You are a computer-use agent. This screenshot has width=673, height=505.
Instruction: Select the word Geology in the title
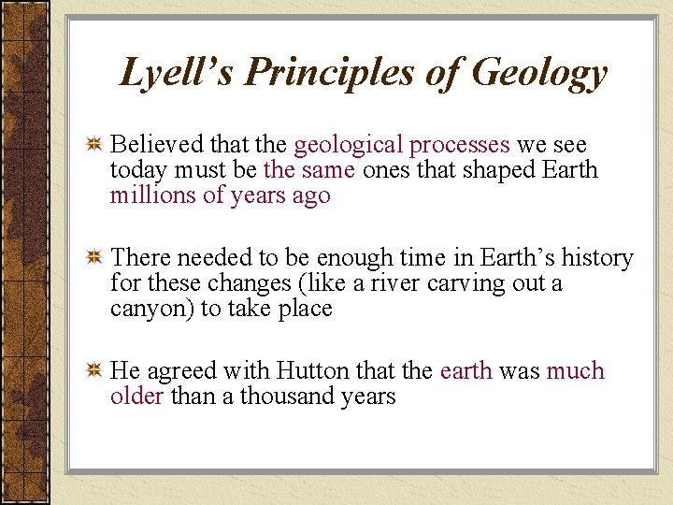coord(539,73)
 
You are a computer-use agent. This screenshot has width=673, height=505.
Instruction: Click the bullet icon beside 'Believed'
coord(93,146)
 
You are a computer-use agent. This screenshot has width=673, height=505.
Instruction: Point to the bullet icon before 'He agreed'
coord(93,372)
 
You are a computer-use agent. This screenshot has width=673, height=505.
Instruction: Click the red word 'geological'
coord(348,146)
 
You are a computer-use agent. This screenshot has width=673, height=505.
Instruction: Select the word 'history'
coord(597,258)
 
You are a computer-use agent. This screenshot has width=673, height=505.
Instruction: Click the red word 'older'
coord(137,397)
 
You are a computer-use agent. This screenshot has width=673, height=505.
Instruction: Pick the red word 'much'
coord(576,371)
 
